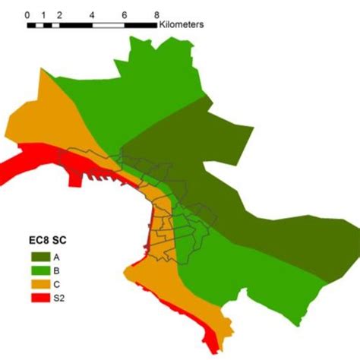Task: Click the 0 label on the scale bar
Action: coord(27,14)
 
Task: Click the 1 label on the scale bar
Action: coord(44,14)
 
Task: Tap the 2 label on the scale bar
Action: coord(59,14)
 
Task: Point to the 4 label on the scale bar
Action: coord(92,14)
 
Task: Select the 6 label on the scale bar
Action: coord(125,14)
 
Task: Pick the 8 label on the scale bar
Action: coord(156,14)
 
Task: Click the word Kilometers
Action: coord(182,25)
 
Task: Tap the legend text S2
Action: coord(60,298)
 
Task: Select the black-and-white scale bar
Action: coord(91,25)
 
